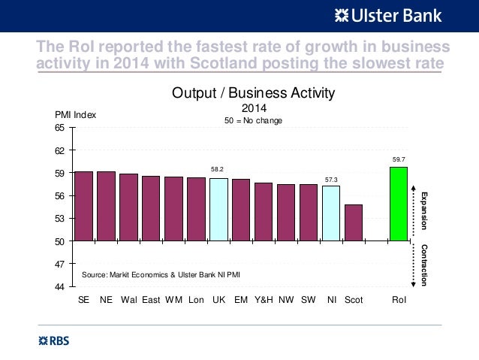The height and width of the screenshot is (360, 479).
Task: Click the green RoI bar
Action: pyautogui.click(x=399, y=204)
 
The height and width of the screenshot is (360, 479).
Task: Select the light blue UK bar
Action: pyautogui.click(x=218, y=210)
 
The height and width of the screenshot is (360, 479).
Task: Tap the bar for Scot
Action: pyautogui.click(x=354, y=222)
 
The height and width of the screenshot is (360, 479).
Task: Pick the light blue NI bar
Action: pyautogui.click(x=331, y=213)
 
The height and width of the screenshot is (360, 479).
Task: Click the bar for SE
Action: pyautogui.click(x=83, y=206)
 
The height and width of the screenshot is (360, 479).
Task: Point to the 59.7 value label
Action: pyautogui.click(x=399, y=159)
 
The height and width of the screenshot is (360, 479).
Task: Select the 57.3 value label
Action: pyautogui.click(x=331, y=179)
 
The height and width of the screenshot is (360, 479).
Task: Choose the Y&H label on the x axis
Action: pyautogui.click(x=264, y=300)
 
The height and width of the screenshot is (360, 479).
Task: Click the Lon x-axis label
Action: pyautogui.click(x=196, y=300)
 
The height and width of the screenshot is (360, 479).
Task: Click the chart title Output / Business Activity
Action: pyautogui.click(x=253, y=93)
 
